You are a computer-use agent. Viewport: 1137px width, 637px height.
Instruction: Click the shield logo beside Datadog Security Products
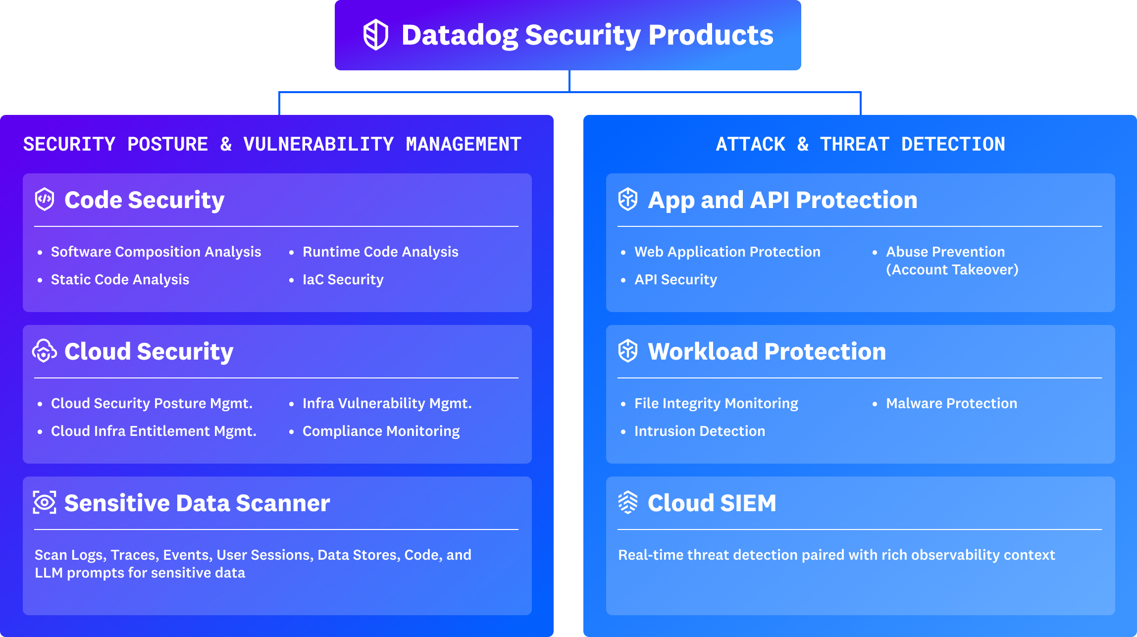point(375,35)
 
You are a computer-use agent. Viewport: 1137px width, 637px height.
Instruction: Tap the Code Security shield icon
point(45,199)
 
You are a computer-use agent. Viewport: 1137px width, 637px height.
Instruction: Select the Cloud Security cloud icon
point(44,351)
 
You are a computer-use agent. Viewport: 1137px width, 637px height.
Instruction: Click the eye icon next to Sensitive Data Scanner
point(45,502)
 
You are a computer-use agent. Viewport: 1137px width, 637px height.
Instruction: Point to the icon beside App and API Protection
point(628,199)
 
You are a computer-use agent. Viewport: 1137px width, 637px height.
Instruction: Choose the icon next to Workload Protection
point(628,351)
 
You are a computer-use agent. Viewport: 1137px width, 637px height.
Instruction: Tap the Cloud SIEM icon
point(628,502)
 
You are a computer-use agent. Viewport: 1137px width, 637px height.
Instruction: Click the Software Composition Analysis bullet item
point(155,252)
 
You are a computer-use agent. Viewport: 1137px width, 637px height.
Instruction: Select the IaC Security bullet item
point(343,279)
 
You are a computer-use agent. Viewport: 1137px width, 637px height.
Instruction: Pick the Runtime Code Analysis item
point(380,252)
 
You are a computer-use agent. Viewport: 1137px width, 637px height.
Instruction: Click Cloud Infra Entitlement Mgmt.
point(154,431)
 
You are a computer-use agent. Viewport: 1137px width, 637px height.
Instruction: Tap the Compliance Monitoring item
point(381,431)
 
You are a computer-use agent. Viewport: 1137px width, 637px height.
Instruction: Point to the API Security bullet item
point(675,279)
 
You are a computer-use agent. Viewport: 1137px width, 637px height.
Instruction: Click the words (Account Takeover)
point(952,269)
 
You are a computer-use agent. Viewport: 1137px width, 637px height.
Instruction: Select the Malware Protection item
point(951,403)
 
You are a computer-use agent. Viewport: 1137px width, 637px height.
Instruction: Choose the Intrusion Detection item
point(699,431)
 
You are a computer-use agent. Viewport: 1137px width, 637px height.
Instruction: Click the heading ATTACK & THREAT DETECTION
point(860,144)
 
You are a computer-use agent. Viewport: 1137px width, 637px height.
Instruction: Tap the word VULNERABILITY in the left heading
point(318,144)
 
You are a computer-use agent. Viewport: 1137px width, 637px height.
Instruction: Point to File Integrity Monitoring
point(716,403)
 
